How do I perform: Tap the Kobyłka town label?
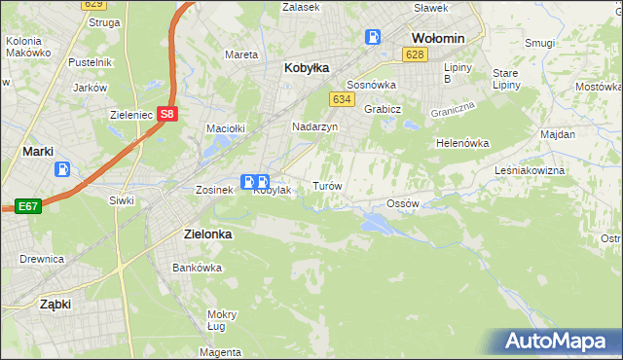[x=307, y=68]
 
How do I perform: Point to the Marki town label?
[x=37, y=151]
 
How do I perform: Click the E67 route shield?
[x=27, y=206]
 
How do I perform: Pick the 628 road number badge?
[x=416, y=54]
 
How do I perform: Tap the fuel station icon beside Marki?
[x=63, y=169]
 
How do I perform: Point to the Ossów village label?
[x=402, y=203]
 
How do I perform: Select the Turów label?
[x=325, y=185]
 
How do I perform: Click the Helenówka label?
[x=461, y=143]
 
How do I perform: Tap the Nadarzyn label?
[x=314, y=126]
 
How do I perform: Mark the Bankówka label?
[x=191, y=267]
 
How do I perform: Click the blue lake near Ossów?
[x=378, y=224]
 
